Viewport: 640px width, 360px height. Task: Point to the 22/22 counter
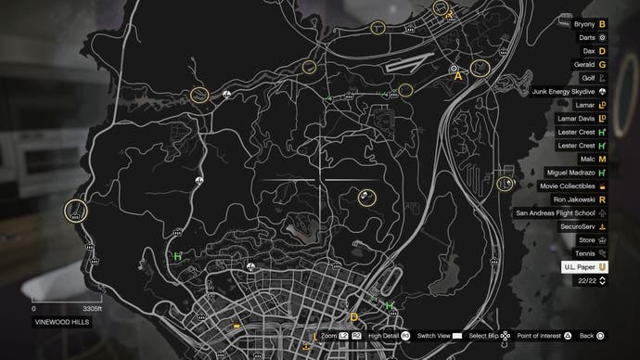tap(587, 280)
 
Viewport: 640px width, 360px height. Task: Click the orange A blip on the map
tap(457, 78)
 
